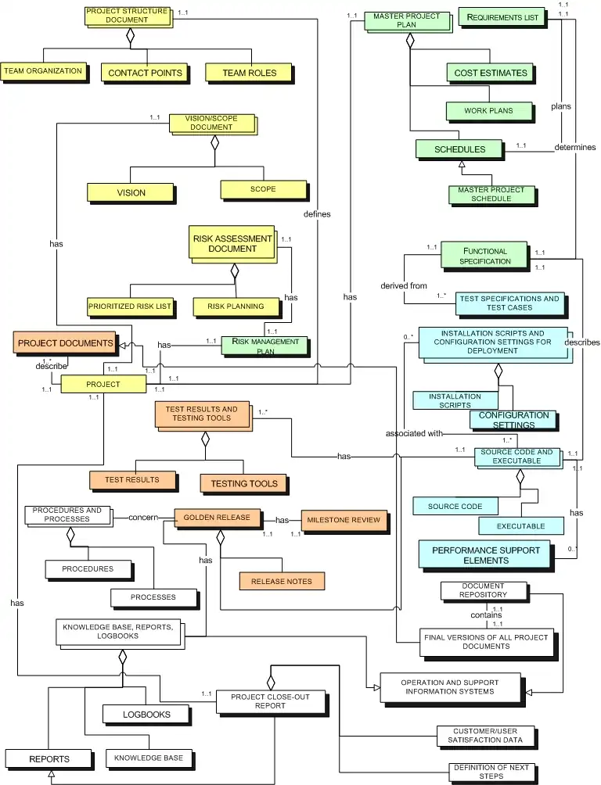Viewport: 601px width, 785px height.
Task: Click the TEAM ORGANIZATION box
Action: tap(43, 71)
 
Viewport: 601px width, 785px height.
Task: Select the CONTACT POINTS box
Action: tap(145, 73)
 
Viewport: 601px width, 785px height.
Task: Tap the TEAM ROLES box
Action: tap(250, 73)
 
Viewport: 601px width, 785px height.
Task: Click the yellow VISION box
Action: tap(131, 192)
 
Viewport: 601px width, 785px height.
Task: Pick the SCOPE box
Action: tap(262, 189)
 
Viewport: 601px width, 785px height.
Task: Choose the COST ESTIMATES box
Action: tap(491, 73)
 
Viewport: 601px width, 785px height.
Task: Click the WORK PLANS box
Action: tap(488, 111)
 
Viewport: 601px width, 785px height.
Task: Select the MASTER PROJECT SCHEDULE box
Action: tap(491, 194)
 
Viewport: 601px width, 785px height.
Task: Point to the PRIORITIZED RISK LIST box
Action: tap(130, 306)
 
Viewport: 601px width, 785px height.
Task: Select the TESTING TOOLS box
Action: tap(243, 484)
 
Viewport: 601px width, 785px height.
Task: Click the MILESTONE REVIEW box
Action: tap(344, 520)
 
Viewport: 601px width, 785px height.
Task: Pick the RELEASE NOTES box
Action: tap(281, 582)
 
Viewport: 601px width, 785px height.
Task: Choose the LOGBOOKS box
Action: tap(146, 715)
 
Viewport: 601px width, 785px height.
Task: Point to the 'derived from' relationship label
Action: tap(404, 285)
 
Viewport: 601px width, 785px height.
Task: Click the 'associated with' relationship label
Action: tap(414, 434)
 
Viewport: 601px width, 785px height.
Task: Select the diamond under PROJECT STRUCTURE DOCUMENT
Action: tap(131, 35)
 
